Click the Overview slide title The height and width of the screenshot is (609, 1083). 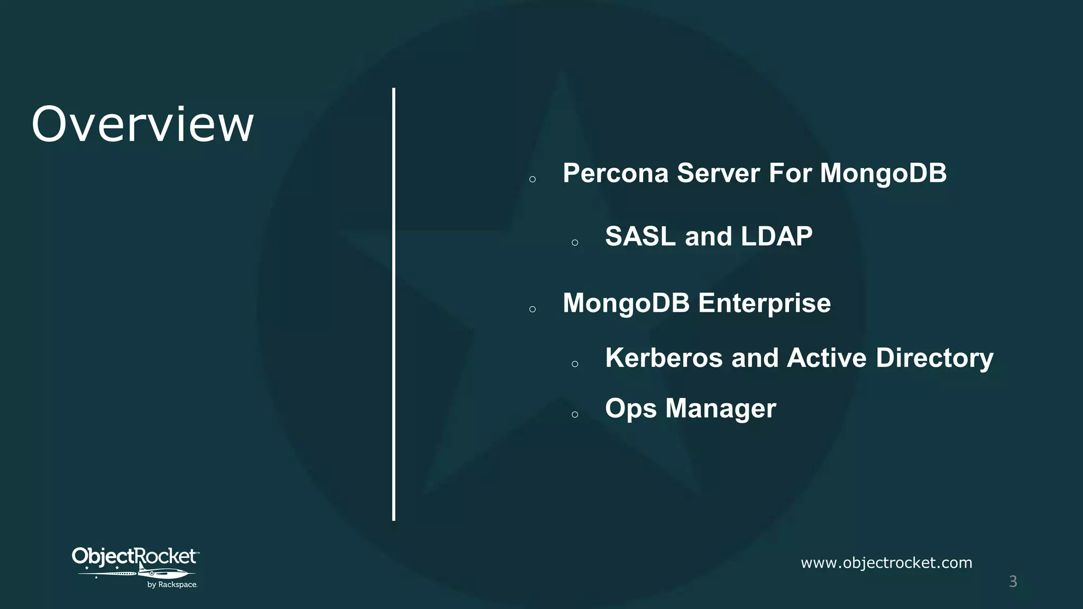(x=143, y=125)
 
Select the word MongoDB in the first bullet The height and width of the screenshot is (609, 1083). (x=883, y=173)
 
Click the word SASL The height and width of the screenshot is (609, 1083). (x=640, y=236)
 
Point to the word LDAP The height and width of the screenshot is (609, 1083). (x=776, y=236)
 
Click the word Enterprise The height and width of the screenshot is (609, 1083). (x=764, y=303)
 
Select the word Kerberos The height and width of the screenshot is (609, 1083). (x=664, y=358)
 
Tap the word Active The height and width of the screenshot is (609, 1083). (x=827, y=358)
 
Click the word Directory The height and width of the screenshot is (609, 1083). (x=934, y=358)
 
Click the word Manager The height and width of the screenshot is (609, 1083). (x=721, y=409)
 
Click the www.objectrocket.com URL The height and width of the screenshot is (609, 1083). (x=886, y=563)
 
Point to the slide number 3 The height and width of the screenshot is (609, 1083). (x=1013, y=582)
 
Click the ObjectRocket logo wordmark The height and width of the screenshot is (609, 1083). (x=134, y=556)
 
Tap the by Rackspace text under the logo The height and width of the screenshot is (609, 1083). (x=172, y=585)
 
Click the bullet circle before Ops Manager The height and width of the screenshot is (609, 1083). (x=575, y=415)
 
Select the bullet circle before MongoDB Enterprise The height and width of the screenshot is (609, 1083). (x=533, y=309)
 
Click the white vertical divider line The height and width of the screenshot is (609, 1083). (x=394, y=304)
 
